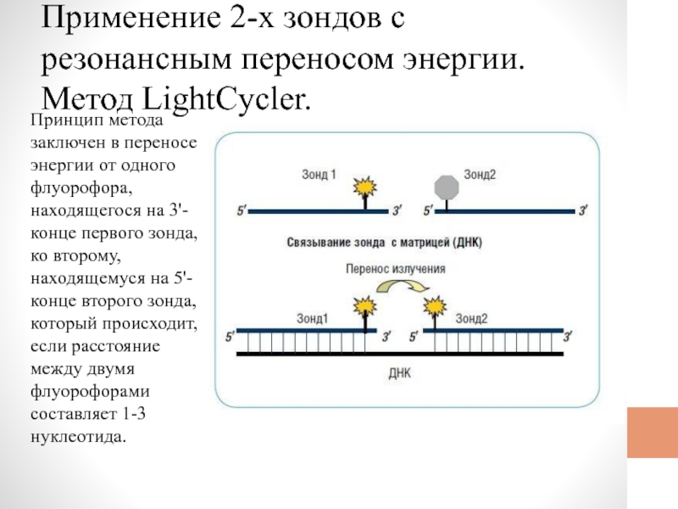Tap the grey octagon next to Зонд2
(x=447, y=187)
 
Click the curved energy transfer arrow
(x=403, y=286)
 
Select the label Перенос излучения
(x=395, y=269)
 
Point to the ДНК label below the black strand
(x=399, y=373)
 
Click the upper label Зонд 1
(x=319, y=175)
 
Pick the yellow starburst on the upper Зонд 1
(x=365, y=187)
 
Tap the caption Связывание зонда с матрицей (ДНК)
(x=384, y=243)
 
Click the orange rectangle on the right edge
(x=653, y=433)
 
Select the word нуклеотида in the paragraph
(x=78, y=436)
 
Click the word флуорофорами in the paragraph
(x=90, y=391)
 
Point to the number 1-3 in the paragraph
(x=134, y=414)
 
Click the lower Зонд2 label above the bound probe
(x=471, y=319)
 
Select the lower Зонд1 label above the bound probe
(x=312, y=319)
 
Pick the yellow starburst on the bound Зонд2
(x=434, y=306)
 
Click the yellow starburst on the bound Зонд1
(x=365, y=306)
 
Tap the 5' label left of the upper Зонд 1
(x=242, y=210)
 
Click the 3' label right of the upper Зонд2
(x=583, y=210)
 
